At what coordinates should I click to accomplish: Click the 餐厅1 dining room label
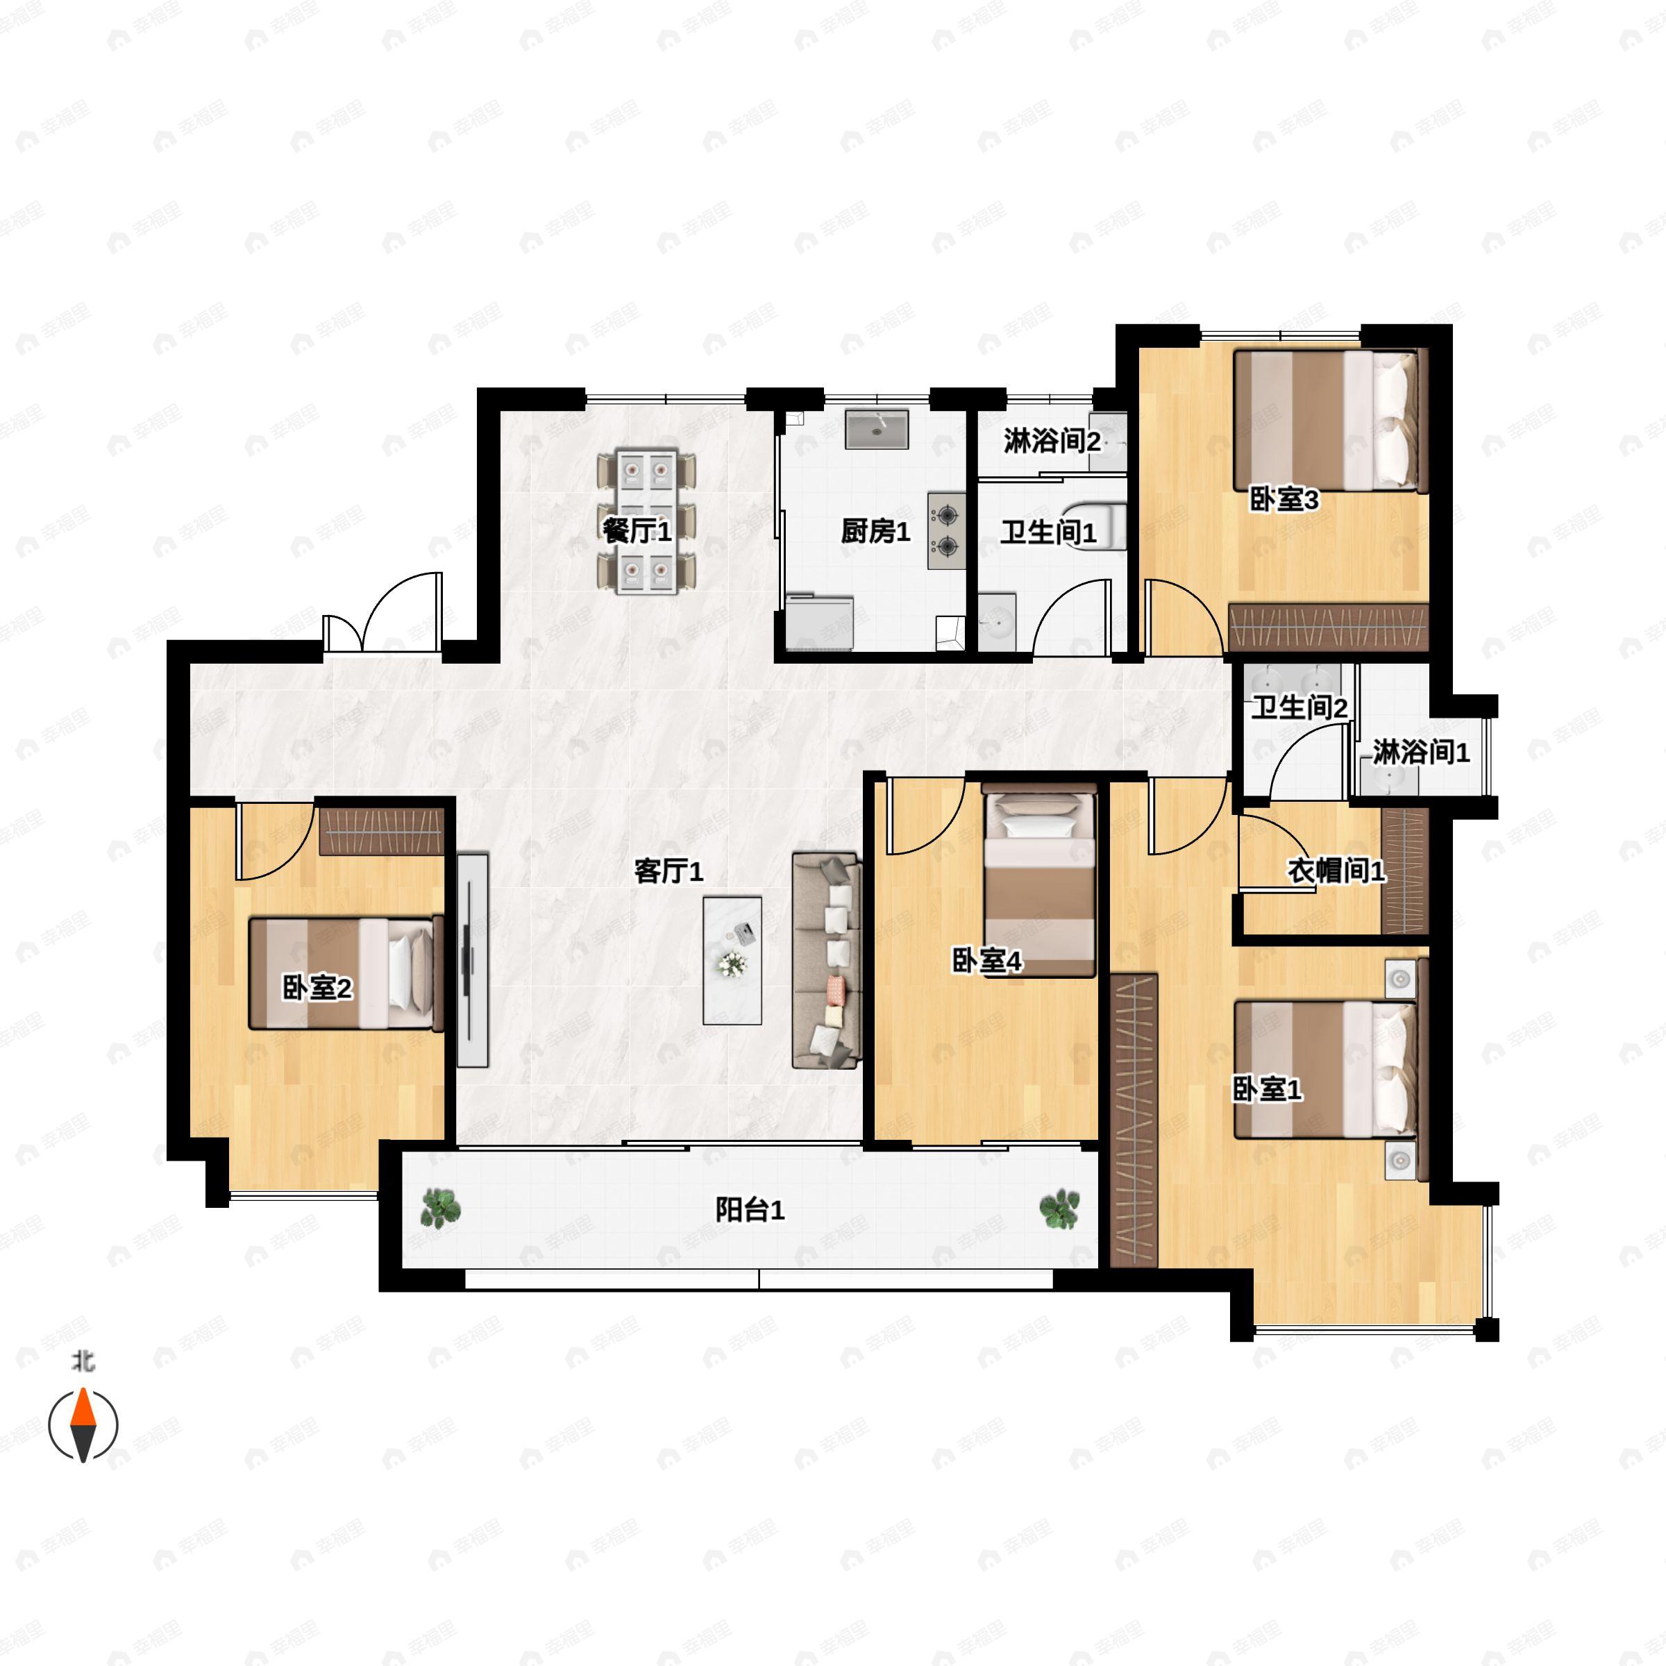tap(637, 531)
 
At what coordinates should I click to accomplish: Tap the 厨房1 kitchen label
tap(875, 531)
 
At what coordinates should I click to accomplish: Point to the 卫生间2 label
tap(1299, 707)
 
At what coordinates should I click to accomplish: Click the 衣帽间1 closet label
tap(1336, 871)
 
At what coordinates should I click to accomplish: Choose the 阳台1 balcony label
tap(750, 1210)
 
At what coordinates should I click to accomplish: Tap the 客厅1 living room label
tap(668, 871)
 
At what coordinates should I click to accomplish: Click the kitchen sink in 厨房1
tap(876, 430)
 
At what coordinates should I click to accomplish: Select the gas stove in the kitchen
tap(947, 530)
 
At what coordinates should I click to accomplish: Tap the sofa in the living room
tap(826, 961)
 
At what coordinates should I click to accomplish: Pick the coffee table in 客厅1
tap(732, 961)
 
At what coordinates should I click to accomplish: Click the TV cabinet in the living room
tap(473, 961)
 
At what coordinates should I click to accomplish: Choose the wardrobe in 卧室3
tap(1328, 627)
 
